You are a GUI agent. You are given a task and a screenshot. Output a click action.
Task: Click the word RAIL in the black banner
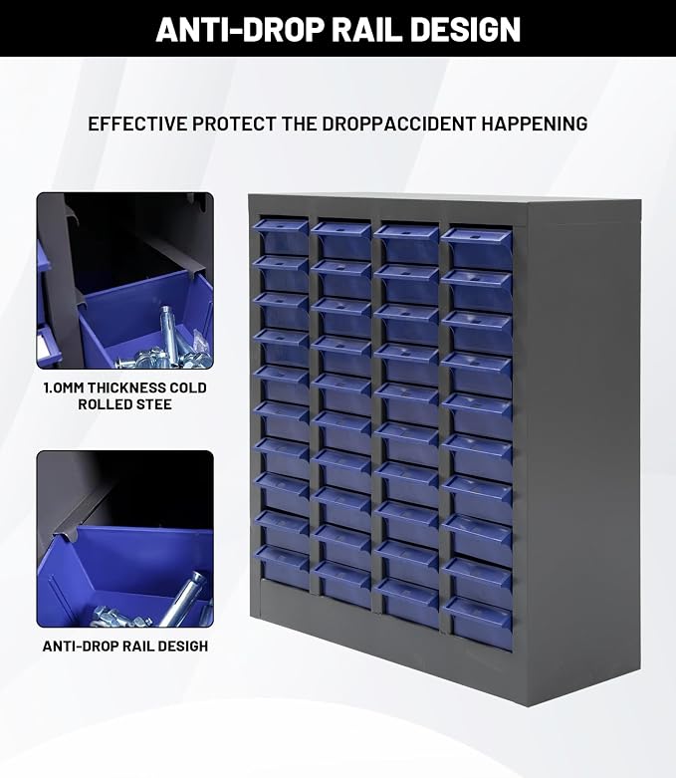point(366,30)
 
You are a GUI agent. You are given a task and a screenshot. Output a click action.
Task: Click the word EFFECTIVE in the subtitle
point(136,124)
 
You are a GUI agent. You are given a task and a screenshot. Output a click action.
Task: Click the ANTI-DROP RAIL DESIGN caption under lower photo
point(125,647)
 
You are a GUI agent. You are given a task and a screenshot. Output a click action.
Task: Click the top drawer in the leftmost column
point(281,237)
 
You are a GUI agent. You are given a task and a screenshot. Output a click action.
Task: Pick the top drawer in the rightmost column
point(477,248)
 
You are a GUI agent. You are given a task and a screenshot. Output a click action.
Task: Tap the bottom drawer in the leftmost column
point(282,569)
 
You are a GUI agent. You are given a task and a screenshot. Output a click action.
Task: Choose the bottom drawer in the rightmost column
point(478,625)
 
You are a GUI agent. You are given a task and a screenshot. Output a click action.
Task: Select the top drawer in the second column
point(341,240)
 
